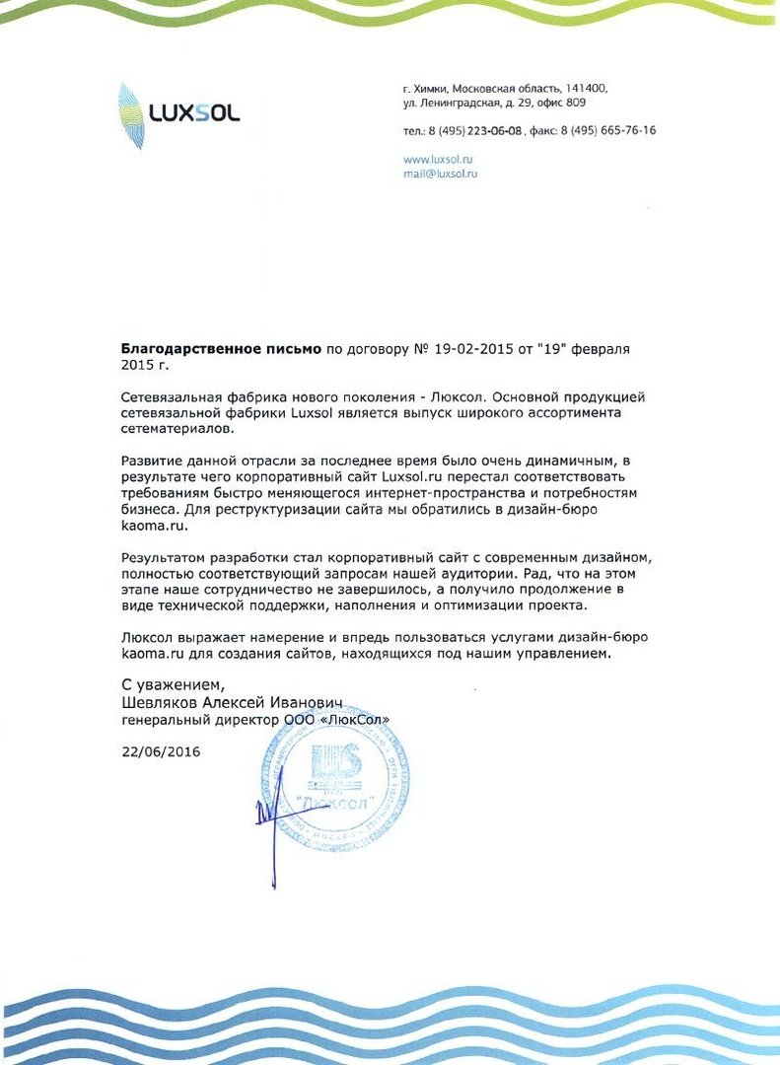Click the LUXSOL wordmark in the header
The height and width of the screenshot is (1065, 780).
tap(194, 113)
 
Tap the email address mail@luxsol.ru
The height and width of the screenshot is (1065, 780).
tap(441, 173)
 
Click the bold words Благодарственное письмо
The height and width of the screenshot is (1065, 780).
tap(221, 349)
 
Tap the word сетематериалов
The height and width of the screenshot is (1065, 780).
tap(177, 430)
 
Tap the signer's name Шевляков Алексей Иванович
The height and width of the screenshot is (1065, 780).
tap(232, 703)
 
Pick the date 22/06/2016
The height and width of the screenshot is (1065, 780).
tap(161, 751)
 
